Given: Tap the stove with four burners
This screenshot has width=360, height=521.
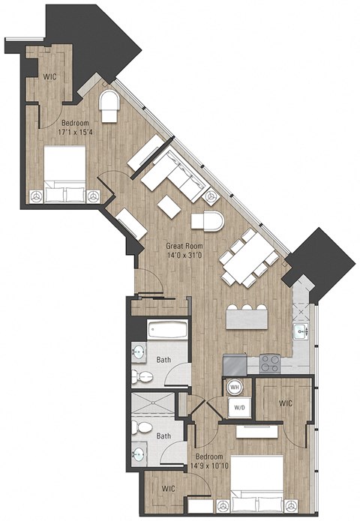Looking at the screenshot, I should click(x=270, y=364).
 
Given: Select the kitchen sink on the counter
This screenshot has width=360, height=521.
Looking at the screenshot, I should click(x=303, y=330).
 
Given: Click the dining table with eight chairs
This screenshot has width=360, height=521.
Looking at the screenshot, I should click(x=248, y=257).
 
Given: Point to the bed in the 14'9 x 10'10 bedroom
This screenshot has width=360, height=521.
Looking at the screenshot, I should click(x=256, y=484).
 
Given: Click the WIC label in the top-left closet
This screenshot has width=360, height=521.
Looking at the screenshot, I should click(x=50, y=76).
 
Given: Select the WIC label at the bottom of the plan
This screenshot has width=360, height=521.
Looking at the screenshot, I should click(x=169, y=489).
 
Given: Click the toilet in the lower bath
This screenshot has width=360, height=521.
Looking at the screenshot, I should click(x=139, y=429).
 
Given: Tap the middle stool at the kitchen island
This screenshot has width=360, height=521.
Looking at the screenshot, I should click(x=247, y=308).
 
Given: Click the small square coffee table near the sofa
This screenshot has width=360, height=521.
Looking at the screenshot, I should click(x=169, y=208).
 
